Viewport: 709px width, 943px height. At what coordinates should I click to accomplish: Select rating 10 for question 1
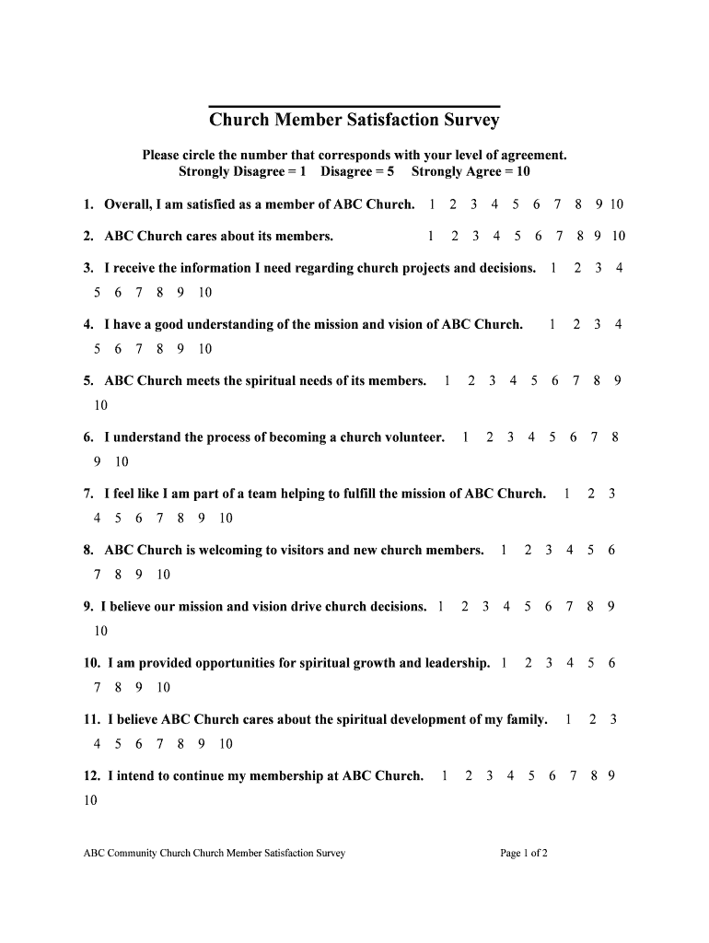[x=616, y=204]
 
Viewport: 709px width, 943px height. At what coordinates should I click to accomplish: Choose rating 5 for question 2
[x=517, y=237]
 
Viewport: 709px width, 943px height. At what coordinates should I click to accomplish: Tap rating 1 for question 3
[x=552, y=268]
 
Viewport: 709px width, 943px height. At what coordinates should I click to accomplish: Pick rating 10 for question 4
[x=204, y=349]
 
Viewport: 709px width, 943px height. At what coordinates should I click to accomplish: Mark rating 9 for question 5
[x=617, y=380]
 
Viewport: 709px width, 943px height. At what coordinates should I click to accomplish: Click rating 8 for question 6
[x=614, y=437]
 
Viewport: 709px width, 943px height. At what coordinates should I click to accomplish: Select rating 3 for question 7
[x=612, y=494]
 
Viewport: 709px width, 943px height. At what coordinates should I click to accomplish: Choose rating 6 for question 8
[x=611, y=551]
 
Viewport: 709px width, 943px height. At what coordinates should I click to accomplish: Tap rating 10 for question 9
[x=101, y=631]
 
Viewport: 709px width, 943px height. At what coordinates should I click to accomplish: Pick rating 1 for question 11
[x=569, y=719]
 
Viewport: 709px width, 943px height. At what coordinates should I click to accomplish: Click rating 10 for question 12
[x=90, y=800]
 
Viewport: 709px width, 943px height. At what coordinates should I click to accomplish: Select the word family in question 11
[x=525, y=719]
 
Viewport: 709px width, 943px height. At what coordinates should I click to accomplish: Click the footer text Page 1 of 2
[x=524, y=854]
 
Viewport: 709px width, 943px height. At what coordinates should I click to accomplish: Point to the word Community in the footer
[x=134, y=854]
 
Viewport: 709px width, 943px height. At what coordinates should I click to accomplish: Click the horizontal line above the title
[x=354, y=107]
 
